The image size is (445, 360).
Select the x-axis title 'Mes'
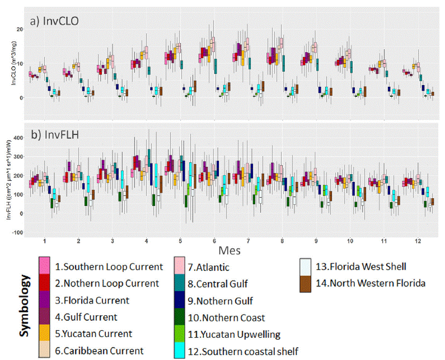[x=229, y=247]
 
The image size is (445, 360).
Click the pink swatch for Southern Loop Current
[x=45, y=267]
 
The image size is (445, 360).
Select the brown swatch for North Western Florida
[x=305, y=283]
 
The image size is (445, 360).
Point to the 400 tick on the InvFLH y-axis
[x=16, y=137]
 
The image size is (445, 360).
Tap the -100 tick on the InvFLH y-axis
[x=15, y=232]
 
